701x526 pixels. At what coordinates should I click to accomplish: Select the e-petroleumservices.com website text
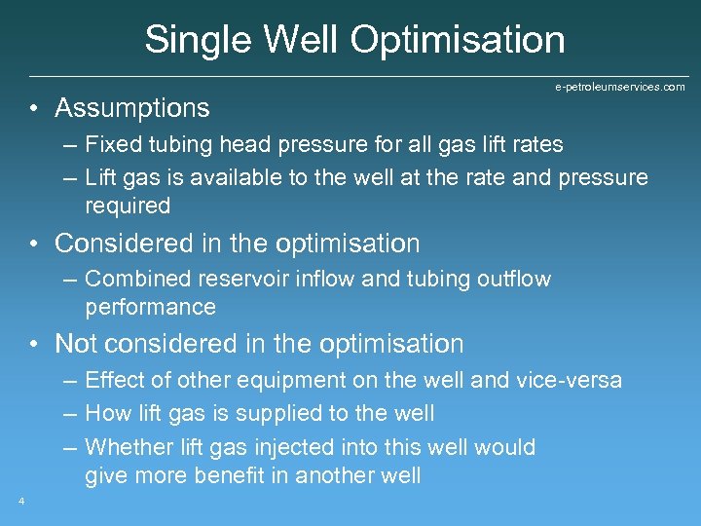coord(620,88)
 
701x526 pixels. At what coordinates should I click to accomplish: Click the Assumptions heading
coord(132,107)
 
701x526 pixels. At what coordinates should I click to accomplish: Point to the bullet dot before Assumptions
coord(34,107)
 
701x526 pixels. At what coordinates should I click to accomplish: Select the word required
coord(128,206)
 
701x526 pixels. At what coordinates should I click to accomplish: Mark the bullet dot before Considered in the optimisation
coord(34,243)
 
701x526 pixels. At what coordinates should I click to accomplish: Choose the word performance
coord(150,308)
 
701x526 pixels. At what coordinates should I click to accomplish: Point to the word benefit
coord(229,475)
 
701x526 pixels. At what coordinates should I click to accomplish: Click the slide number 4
coord(21,502)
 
